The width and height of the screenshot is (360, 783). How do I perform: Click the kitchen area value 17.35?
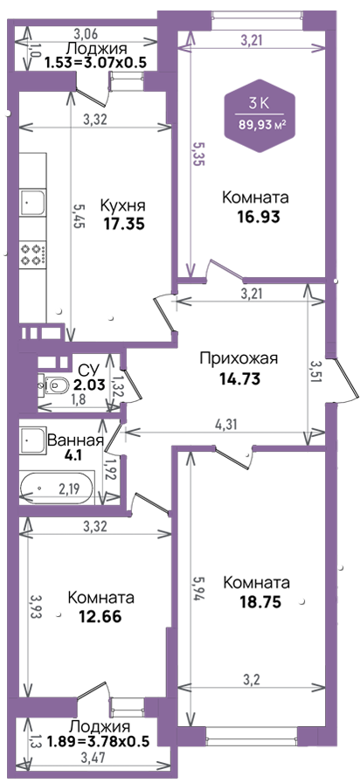click(124, 224)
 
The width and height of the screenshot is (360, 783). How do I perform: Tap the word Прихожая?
click(238, 359)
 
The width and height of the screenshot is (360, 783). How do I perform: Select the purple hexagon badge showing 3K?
click(259, 115)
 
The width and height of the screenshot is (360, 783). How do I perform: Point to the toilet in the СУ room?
click(56, 385)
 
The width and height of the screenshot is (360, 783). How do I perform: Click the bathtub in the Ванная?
click(57, 488)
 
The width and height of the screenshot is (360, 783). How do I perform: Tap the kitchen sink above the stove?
click(33, 203)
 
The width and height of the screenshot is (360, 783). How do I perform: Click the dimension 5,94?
click(198, 589)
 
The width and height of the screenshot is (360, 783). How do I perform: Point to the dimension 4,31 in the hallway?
click(225, 425)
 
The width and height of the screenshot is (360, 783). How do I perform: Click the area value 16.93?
click(258, 216)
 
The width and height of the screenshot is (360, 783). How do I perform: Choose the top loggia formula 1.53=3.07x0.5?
click(93, 64)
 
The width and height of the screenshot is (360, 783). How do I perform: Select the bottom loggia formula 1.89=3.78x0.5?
click(99, 741)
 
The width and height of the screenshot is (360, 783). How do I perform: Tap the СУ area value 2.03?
click(91, 385)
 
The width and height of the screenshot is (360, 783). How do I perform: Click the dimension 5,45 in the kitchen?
click(79, 215)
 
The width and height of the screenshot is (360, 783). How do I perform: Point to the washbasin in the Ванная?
click(33, 441)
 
